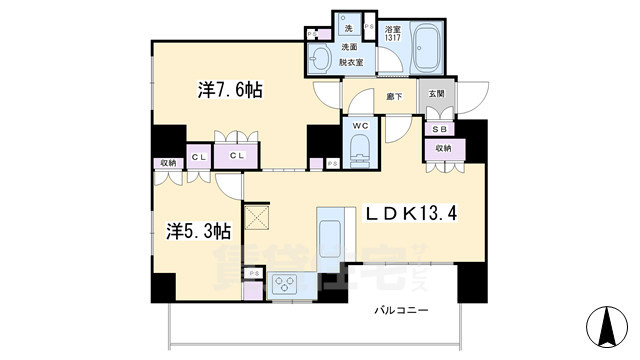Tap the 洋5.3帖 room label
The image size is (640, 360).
(x=199, y=231)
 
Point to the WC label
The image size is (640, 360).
(x=360, y=124)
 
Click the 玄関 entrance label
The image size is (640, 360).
(x=437, y=94)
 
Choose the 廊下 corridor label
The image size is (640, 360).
(x=394, y=95)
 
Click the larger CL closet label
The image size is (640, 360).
(x=240, y=156)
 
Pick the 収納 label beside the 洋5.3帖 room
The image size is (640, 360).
(x=166, y=163)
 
